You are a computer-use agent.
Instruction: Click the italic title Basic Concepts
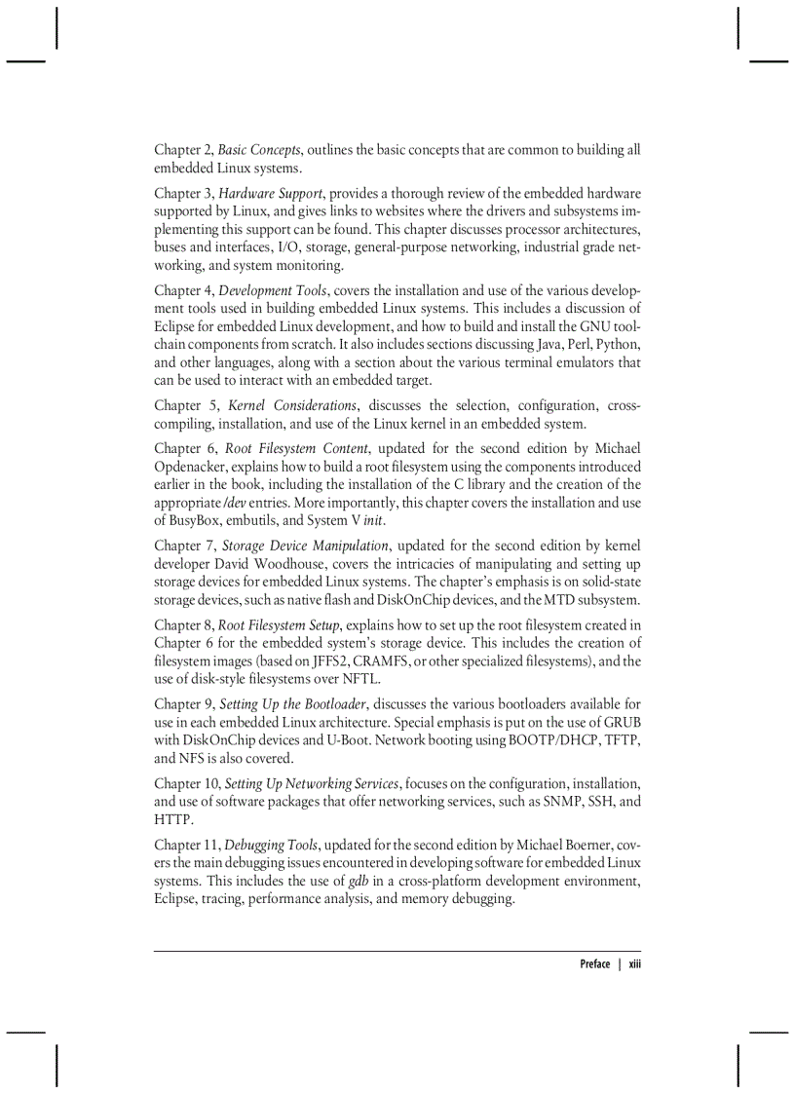point(260,150)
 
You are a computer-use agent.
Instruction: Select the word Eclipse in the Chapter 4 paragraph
point(176,326)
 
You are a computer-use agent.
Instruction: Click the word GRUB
point(620,722)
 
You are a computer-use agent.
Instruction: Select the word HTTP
point(174,820)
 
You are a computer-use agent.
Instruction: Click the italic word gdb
point(358,882)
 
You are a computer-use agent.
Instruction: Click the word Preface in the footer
point(594,964)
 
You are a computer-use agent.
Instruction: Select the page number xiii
point(634,964)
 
